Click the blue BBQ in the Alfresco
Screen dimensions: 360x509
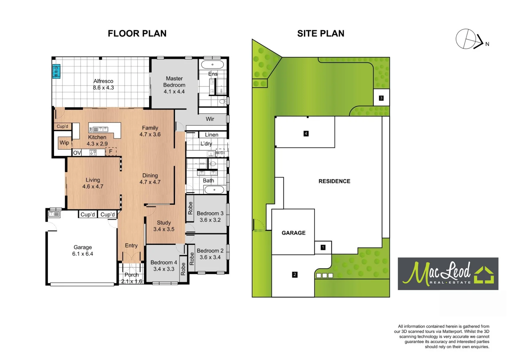56,71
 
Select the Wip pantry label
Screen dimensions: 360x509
64,143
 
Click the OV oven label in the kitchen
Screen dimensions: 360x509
77,153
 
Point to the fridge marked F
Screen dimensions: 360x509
111,152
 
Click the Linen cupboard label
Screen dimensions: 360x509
212,135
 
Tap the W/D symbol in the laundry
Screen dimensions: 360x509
220,153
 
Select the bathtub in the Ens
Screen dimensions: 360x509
213,64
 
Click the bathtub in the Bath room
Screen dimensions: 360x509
214,190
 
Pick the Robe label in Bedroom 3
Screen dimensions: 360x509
190,208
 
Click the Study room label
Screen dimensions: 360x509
164,223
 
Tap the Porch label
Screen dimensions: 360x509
132,275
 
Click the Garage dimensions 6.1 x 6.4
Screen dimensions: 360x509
83,254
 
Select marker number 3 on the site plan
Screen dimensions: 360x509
381,98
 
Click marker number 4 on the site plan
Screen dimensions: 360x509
306,133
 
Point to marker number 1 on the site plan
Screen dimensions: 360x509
323,247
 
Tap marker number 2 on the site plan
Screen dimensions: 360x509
294,275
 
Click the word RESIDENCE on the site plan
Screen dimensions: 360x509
334,181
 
